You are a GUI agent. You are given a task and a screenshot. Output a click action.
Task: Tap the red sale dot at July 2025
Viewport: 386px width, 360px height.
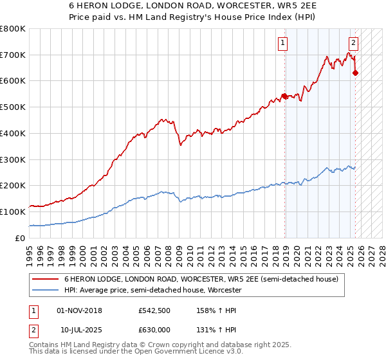point(355,73)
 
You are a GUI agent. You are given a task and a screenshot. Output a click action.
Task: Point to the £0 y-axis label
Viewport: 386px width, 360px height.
point(21,238)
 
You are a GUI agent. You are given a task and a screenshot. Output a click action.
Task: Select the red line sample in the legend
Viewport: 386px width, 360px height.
point(45,279)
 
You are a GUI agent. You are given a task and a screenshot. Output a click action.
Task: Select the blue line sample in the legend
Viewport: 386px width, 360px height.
point(45,290)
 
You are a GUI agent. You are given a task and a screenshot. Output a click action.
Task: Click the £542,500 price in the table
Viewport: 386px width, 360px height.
point(154,310)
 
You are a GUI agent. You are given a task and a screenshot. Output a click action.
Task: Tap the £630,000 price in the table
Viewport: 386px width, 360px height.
point(154,331)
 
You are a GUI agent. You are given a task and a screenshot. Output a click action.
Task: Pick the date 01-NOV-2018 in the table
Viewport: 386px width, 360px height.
point(79,310)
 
